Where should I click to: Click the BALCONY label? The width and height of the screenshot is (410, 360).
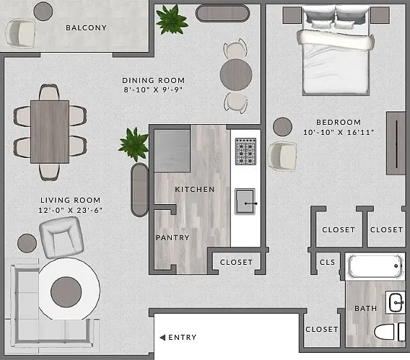click(86, 27)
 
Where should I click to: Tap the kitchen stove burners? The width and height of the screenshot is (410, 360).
click(245, 152)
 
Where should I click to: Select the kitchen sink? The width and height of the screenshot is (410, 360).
click(245, 201)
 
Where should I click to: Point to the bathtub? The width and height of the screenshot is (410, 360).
click(375, 266)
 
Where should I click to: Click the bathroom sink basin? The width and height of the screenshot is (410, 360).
click(396, 302)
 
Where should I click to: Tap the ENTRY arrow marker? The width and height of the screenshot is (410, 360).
click(162, 338)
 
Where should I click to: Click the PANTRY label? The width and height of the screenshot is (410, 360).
click(173, 237)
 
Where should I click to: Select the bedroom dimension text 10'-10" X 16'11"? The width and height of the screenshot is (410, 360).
click(339, 133)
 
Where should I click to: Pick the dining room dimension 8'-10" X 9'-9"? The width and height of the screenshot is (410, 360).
click(153, 90)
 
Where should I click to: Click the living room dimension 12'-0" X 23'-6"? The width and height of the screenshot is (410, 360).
click(70, 211)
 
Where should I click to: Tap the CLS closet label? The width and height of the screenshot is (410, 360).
click(328, 262)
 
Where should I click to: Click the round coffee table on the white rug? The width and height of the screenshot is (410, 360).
click(66, 292)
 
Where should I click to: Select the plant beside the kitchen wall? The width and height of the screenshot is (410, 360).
click(134, 144)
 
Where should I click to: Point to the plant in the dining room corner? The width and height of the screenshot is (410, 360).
click(172, 19)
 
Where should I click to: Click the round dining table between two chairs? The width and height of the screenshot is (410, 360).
click(236, 75)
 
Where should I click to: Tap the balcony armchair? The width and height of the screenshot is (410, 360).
click(21, 33)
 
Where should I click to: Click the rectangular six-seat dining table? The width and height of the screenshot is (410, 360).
click(50, 132)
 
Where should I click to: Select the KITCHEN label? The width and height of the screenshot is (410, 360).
click(195, 190)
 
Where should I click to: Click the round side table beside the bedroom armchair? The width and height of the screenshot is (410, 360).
click(282, 127)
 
